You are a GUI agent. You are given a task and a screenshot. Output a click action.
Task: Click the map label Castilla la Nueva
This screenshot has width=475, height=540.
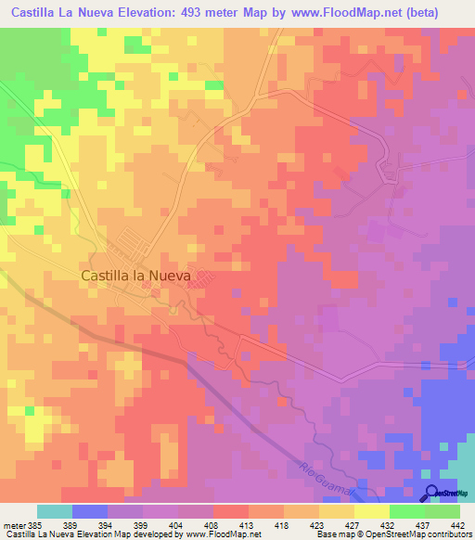(135, 276)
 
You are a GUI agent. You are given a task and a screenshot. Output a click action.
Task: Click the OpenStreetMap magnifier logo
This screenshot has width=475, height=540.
(433, 492)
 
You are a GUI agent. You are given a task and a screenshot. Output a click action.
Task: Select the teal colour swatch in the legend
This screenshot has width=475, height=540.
(54, 511)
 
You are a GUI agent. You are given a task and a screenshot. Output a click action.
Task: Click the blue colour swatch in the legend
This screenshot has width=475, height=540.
(89, 511)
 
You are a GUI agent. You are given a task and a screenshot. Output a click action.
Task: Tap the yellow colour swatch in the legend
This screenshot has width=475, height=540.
(372, 511)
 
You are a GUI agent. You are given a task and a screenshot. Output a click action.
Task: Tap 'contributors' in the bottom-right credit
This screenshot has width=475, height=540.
(449, 535)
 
